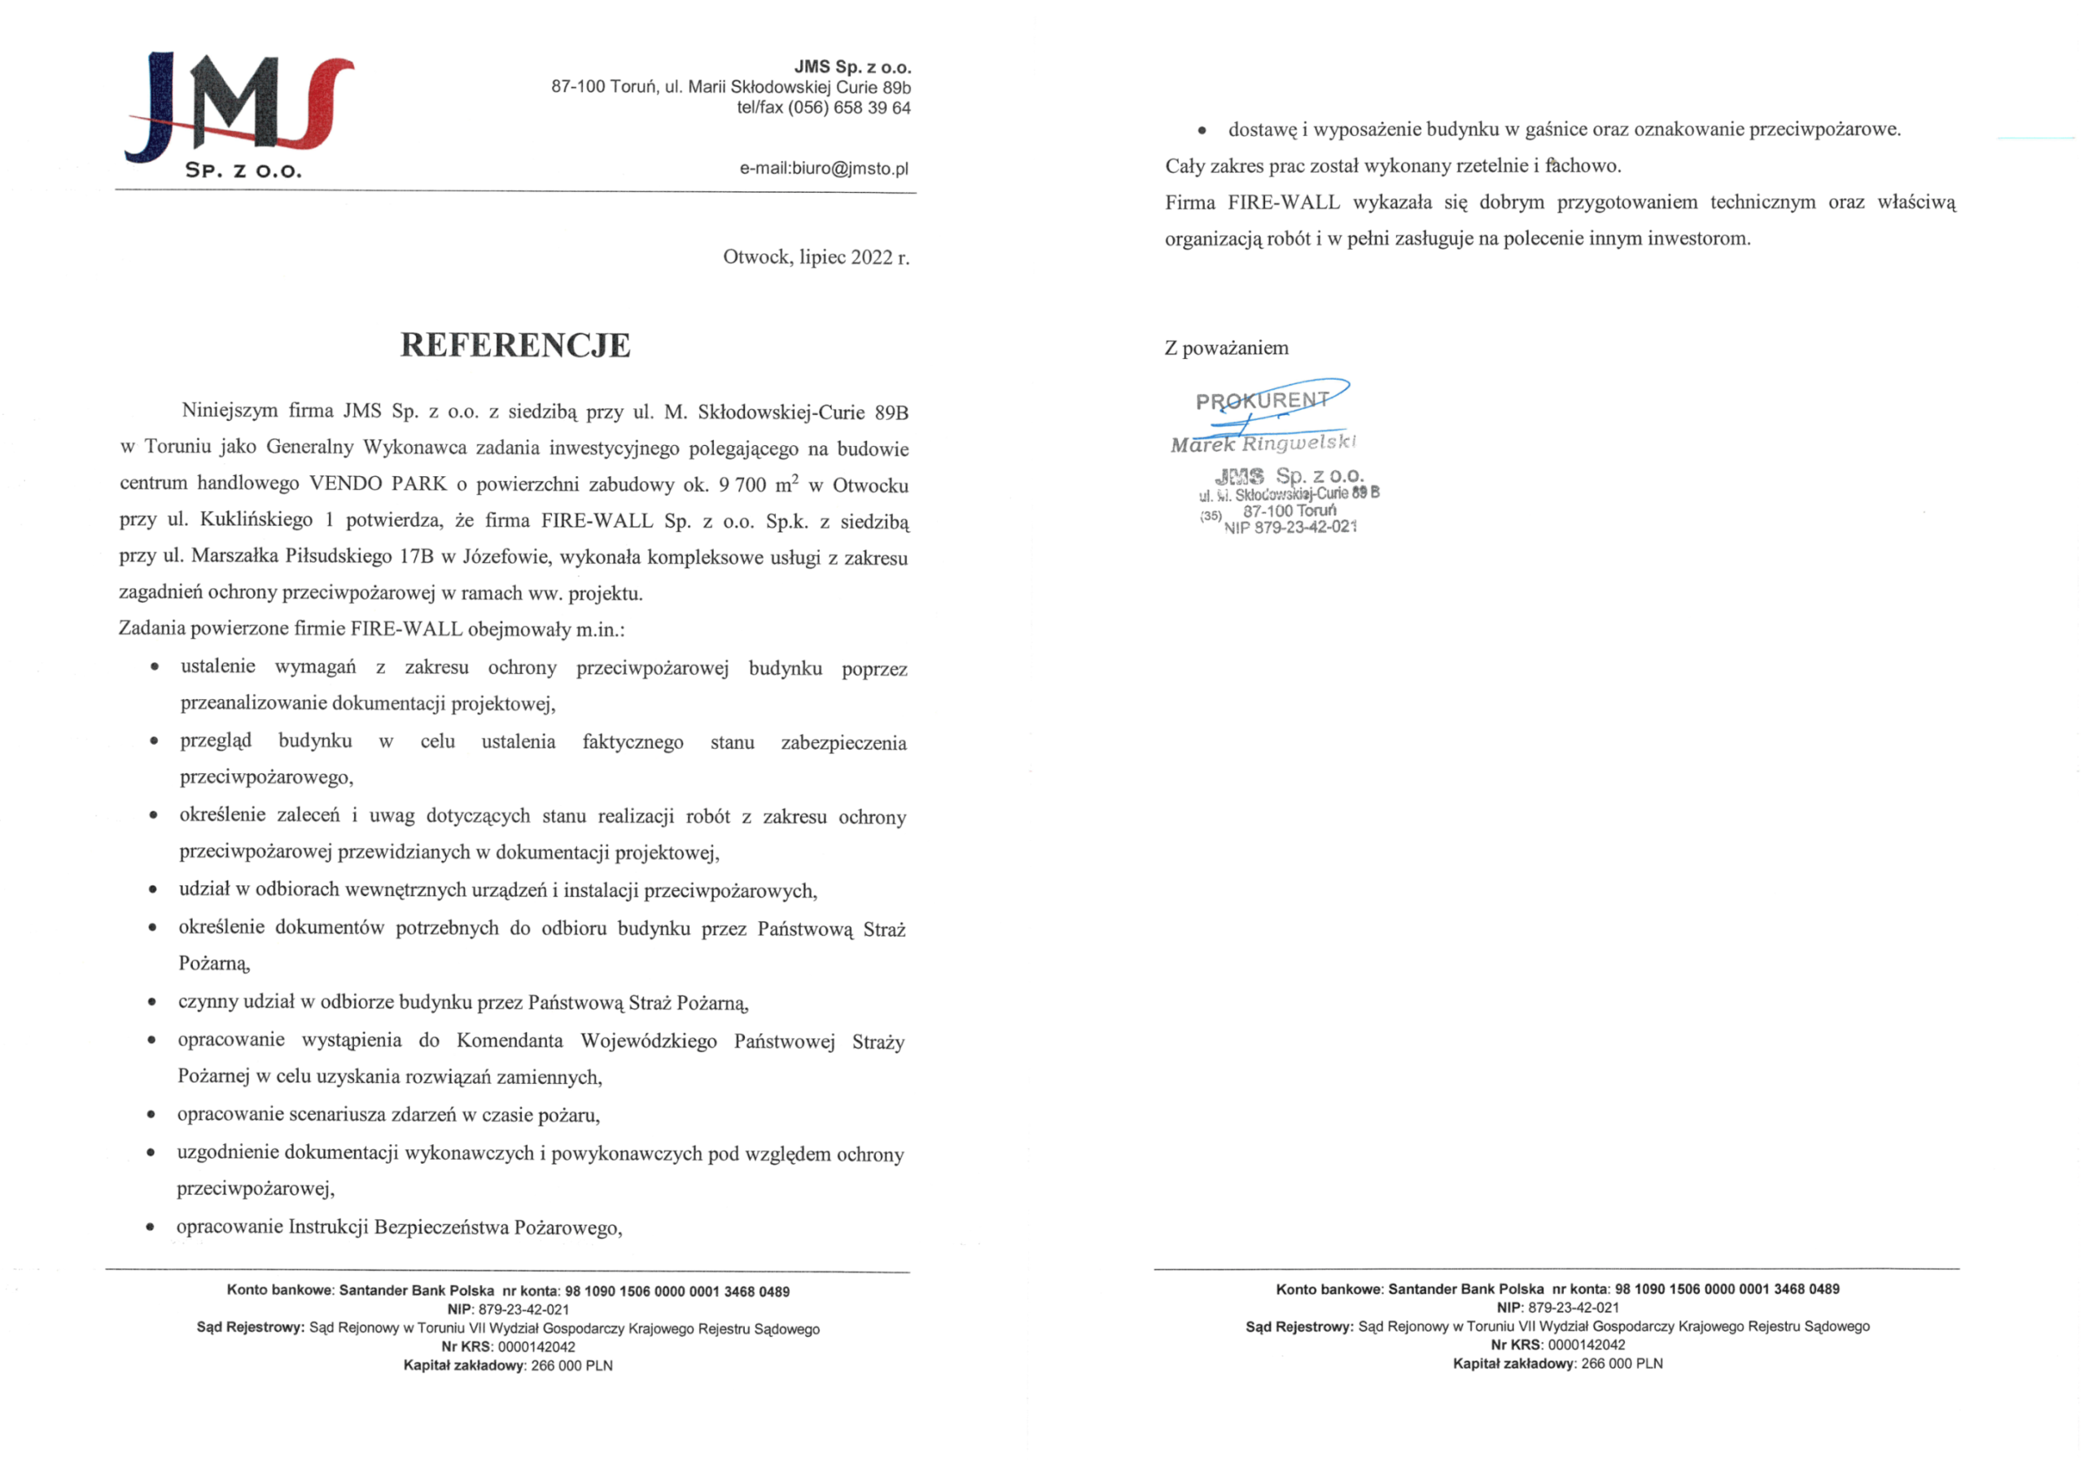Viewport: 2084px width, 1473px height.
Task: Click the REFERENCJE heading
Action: point(514,346)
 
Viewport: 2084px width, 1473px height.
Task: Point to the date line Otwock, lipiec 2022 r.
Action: point(815,258)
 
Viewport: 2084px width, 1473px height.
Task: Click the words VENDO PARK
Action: point(378,483)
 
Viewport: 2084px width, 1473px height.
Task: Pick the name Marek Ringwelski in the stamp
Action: point(1263,444)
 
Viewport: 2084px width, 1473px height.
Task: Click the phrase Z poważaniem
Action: point(1226,348)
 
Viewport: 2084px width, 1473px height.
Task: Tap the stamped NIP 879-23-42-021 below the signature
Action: point(1289,528)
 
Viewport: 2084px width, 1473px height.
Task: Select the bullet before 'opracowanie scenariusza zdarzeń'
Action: point(151,1114)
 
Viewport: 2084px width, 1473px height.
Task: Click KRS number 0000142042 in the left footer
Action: point(536,1347)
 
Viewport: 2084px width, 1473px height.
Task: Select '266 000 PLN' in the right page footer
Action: point(1621,1363)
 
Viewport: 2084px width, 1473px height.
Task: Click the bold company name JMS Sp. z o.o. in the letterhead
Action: point(852,68)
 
